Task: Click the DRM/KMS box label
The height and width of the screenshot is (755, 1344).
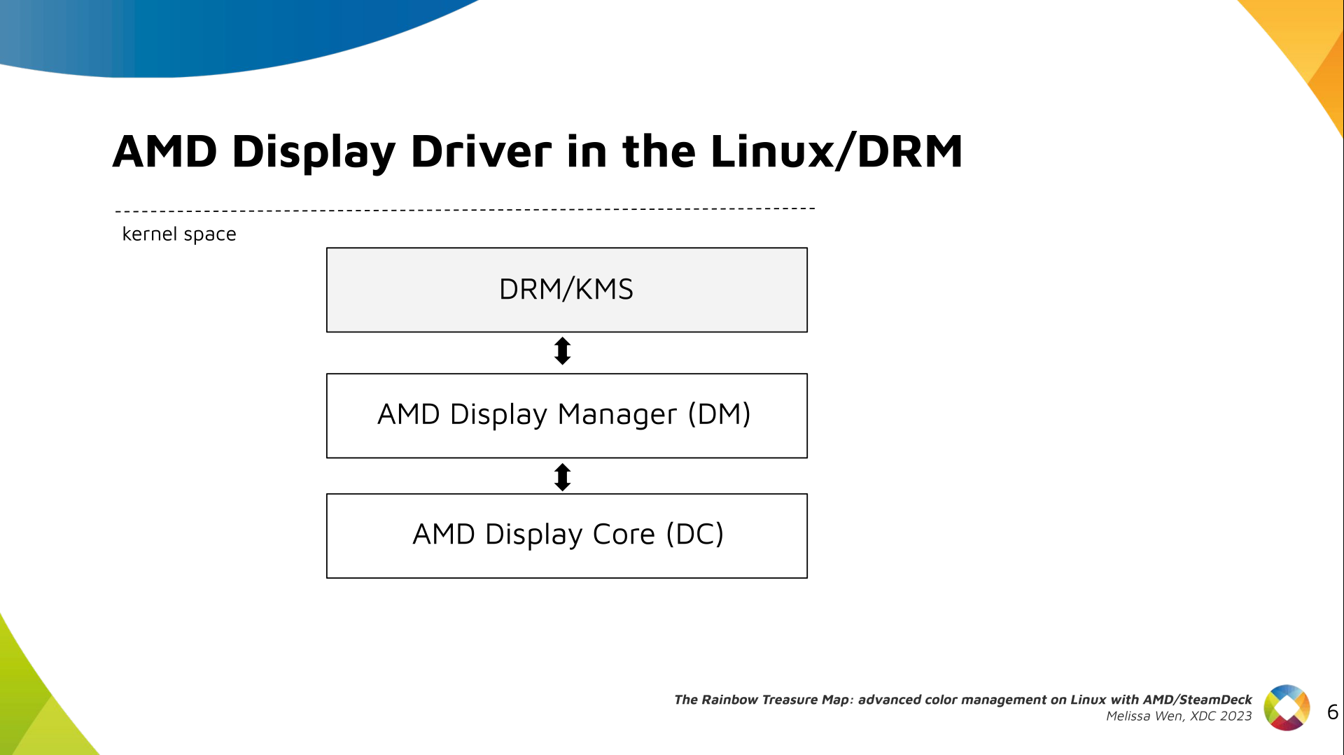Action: tap(566, 289)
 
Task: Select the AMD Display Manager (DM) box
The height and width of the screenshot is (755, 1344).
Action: tap(566, 416)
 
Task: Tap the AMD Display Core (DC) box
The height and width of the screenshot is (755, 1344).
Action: tap(566, 536)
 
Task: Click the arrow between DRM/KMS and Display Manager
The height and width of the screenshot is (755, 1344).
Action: tap(562, 351)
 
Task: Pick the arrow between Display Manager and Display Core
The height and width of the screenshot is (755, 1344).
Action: tap(562, 477)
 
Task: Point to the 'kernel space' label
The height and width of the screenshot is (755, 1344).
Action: tap(179, 234)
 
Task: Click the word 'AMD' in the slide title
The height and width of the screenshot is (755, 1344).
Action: tap(165, 151)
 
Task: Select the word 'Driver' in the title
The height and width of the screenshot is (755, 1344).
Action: tap(481, 151)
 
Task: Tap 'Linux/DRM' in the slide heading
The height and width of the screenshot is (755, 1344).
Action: tap(836, 151)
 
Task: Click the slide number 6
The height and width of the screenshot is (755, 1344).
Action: tap(1332, 712)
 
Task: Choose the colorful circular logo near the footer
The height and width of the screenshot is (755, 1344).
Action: tap(1287, 707)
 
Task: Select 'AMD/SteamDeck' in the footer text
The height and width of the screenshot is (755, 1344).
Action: tap(1197, 700)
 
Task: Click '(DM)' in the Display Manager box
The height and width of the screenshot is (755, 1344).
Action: tap(719, 414)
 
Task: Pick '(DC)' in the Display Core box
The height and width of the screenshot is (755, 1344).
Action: tap(694, 535)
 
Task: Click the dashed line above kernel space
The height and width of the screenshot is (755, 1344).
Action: tap(465, 209)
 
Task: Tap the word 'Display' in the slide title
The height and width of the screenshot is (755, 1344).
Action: tap(314, 151)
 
